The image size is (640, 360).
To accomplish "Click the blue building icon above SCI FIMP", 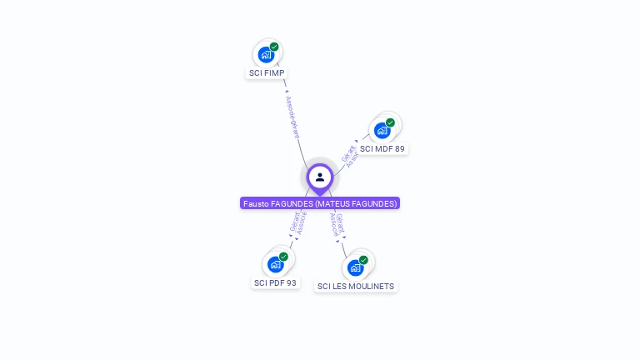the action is (x=266, y=55).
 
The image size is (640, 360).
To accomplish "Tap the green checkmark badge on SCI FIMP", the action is (x=274, y=47).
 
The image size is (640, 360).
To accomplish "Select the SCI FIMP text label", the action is (x=267, y=73).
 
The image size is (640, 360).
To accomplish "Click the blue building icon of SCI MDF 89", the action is (x=382, y=131).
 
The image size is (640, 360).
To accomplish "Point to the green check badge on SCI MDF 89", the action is (x=390, y=122).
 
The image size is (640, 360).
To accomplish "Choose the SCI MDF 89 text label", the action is (x=382, y=149).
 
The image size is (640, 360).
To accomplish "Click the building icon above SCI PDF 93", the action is (x=275, y=265).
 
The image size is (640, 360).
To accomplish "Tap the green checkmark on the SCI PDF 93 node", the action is (x=283, y=257).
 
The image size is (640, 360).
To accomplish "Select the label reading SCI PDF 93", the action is (x=275, y=283).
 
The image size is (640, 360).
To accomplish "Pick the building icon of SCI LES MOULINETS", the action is (x=355, y=268).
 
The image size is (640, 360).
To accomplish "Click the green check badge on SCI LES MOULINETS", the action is (x=363, y=260).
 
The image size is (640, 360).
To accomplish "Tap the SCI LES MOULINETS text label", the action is (x=356, y=287).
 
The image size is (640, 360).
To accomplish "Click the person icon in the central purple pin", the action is (x=320, y=177).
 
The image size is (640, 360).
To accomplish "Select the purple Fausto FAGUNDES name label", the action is (x=320, y=203).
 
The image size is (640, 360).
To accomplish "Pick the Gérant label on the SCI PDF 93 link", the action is (x=294, y=222).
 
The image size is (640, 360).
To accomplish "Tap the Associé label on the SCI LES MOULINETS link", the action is (x=333, y=226).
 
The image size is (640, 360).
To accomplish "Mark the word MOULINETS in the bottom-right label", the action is (x=372, y=287).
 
